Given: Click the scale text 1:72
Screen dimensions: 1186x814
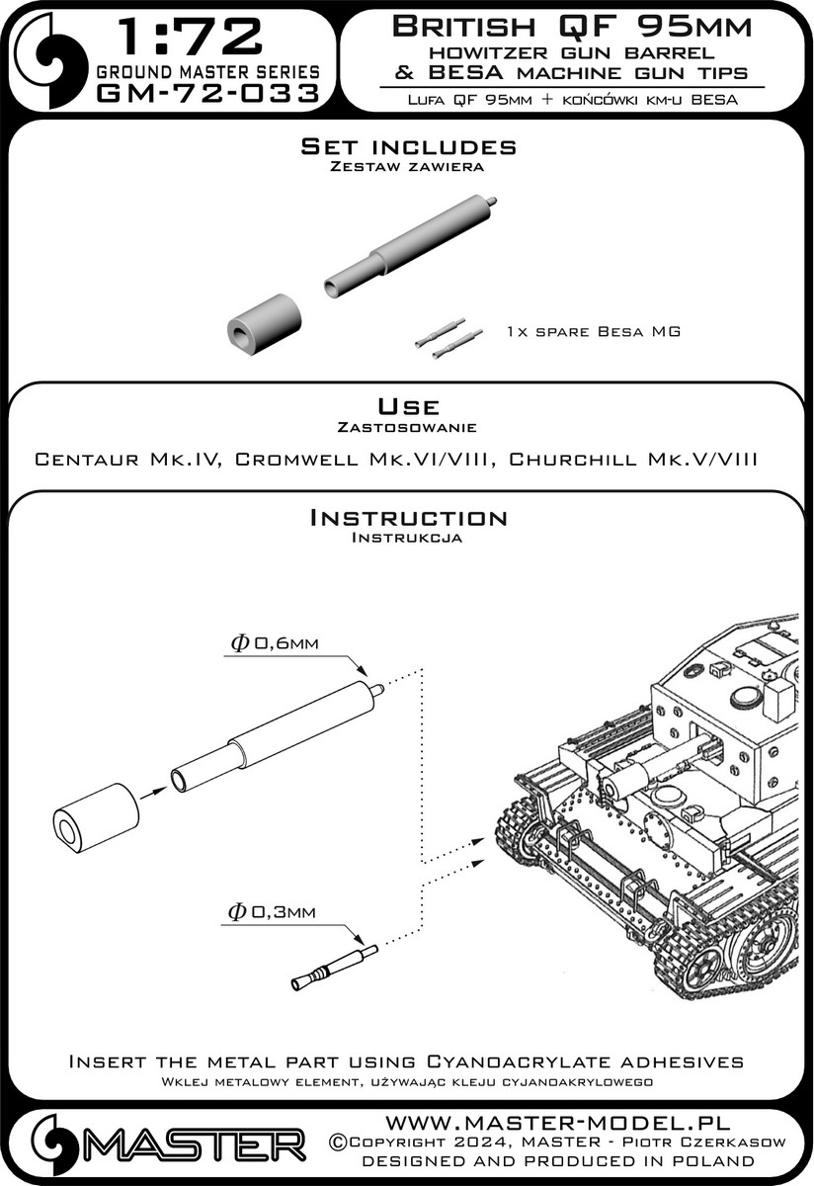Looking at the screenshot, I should coord(190,38).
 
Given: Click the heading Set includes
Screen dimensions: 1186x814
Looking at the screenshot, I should coord(408,146).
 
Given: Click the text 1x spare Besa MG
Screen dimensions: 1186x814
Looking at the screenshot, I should coord(593,331).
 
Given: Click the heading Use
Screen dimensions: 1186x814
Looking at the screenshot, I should coord(408,407).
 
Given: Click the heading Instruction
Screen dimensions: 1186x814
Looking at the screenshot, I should coord(408,518).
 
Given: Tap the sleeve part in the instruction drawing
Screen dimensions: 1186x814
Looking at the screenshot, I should coord(95,818).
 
